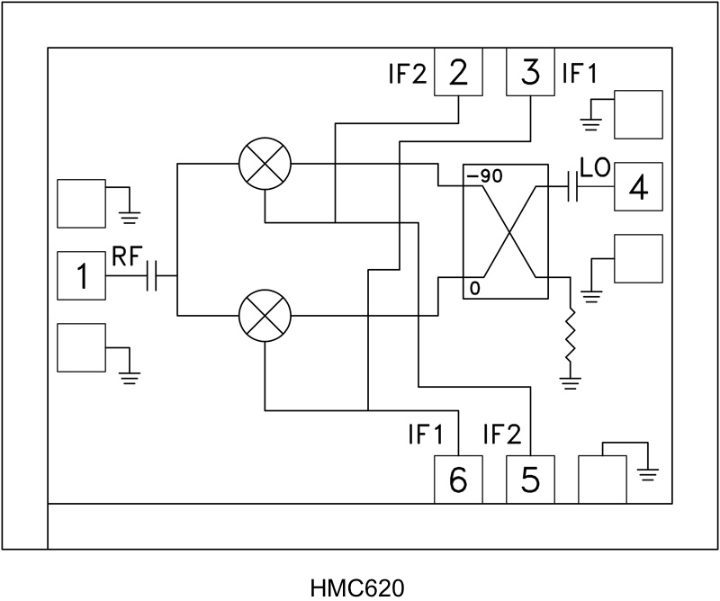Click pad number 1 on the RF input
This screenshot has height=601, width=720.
(81, 276)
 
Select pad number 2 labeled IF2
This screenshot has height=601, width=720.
(459, 72)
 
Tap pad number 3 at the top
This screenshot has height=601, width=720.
(531, 72)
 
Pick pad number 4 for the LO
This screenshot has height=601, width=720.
(638, 187)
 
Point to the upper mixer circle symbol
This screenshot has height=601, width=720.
(265, 165)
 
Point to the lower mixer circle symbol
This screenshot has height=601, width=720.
(265, 316)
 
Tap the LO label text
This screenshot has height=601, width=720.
(596, 168)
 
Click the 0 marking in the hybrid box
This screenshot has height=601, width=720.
(472, 289)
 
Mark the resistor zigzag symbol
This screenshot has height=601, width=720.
(570, 337)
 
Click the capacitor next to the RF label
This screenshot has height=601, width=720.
(152, 277)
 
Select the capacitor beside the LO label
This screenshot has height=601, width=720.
(572, 187)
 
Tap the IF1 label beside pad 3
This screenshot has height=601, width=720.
(580, 72)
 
